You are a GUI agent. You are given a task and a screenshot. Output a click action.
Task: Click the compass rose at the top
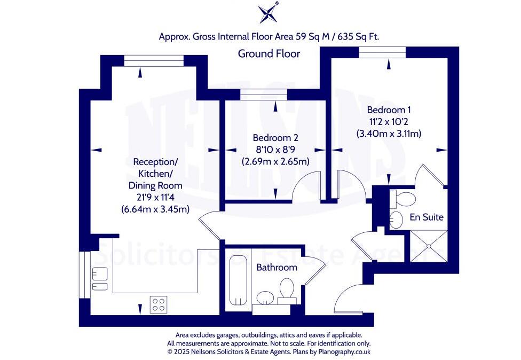tap(269, 13)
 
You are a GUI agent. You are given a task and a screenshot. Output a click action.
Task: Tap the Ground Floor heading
tap(269, 53)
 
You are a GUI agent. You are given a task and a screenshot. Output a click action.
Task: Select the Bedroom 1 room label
tap(388, 109)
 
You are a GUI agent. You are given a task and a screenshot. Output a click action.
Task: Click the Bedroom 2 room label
tap(275, 136)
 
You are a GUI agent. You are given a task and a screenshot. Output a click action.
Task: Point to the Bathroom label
tap(276, 267)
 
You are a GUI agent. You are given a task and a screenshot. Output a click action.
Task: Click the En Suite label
tap(427, 217)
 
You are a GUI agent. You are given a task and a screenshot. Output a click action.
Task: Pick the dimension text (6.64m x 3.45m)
tap(155, 209)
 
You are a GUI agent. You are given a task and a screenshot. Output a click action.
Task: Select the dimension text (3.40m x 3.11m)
tap(389, 134)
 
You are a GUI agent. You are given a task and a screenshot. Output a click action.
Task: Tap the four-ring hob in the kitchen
tap(159, 303)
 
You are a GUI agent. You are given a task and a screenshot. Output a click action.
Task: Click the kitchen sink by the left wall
tap(99, 280)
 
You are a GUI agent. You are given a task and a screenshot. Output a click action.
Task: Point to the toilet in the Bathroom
tap(287, 291)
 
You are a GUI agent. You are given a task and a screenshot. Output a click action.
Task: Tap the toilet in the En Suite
tap(403, 200)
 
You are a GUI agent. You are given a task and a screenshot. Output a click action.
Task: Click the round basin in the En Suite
tap(396, 219)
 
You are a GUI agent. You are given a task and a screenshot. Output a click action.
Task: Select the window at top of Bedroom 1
tap(382, 52)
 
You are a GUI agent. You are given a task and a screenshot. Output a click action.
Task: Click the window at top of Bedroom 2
tap(264, 96)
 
